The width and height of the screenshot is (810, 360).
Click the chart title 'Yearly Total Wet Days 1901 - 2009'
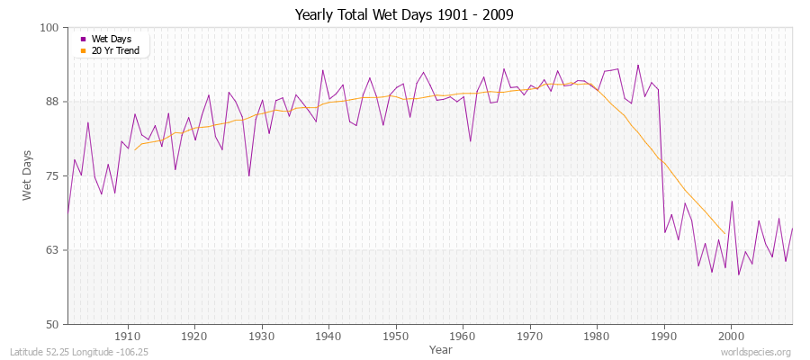405,15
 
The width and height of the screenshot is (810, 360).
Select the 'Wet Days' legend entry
112,39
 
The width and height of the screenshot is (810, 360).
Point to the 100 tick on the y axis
50,28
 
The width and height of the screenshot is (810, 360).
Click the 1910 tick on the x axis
128,336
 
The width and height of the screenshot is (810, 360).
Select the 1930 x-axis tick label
262,336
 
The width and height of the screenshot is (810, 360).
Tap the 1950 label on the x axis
396,336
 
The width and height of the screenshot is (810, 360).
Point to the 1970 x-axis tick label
530,336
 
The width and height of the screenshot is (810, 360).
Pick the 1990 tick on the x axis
664,336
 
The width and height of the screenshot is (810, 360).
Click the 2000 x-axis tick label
731,336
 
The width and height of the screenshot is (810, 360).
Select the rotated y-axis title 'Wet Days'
27,175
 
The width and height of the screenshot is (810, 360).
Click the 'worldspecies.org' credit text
757,352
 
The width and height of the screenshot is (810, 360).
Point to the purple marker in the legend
84,39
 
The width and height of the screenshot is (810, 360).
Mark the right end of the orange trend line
724,234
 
